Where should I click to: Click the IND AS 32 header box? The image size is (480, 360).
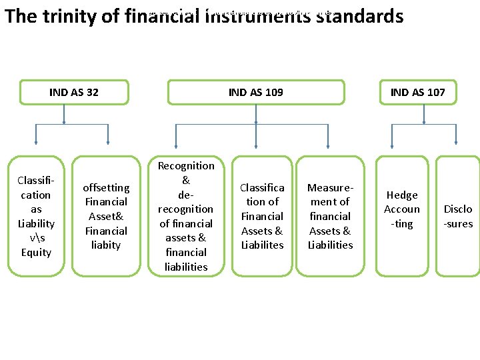click(x=73, y=93)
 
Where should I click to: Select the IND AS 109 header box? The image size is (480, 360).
click(x=255, y=93)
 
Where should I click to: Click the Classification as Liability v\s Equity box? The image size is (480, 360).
click(x=35, y=216)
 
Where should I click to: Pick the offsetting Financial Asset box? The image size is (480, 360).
click(x=105, y=216)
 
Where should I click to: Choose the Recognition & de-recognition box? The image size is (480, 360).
click(x=186, y=216)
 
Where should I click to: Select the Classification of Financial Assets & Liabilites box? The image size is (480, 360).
click(x=262, y=216)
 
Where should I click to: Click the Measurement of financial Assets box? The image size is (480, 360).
click(x=330, y=216)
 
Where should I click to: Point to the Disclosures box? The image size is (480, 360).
click(x=458, y=216)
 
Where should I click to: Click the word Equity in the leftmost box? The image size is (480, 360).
click(x=35, y=252)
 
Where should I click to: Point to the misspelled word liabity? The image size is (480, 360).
click(x=105, y=245)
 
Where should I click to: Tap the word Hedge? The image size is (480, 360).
click(x=402, y=195)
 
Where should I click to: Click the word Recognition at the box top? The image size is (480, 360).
click(x=186, y=165)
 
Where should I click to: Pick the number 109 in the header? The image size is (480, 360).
click(x=273, y=93)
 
